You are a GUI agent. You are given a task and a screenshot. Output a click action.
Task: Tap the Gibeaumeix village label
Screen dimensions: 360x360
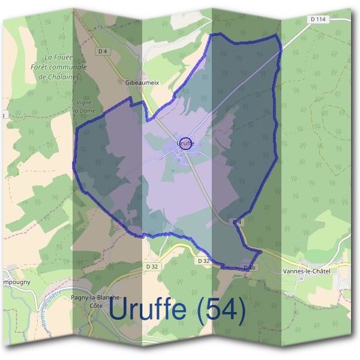click(142, 83)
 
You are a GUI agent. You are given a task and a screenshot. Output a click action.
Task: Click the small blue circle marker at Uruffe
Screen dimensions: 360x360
click(186, 143)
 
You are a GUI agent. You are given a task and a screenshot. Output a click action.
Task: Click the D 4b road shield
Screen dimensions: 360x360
click(250, 266)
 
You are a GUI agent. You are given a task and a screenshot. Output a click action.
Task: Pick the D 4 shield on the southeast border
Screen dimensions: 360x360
click(238, 222)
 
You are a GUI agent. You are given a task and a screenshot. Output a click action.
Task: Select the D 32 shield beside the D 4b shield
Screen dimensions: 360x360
click(203, 261)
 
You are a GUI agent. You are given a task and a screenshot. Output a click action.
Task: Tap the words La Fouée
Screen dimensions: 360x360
click(58, 58)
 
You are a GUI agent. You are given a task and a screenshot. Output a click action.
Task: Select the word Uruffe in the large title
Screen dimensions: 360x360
click(146, 310)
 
